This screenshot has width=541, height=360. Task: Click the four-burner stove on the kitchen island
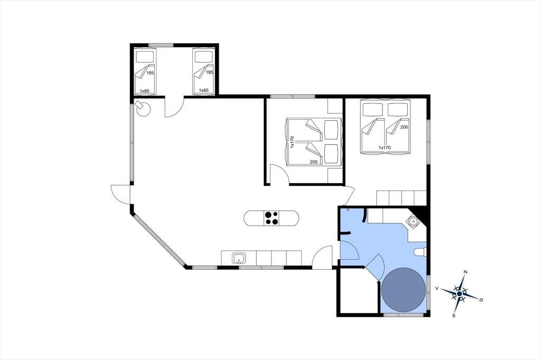pos(272,218)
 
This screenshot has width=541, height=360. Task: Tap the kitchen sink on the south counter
pos(239,258)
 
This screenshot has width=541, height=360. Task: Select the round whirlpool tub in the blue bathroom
pos(404,290)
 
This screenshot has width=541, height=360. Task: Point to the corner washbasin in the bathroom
pos(413,220)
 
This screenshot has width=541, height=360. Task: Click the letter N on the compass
pos(465,272)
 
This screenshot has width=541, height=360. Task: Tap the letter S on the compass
pos(454,315)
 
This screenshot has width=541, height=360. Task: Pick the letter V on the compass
pos(437,288)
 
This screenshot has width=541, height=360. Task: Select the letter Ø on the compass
pos(481,300)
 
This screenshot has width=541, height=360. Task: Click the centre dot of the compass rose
pos(459,293)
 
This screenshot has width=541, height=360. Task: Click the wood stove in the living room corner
pos(143,108)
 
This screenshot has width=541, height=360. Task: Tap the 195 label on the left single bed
pos(150,73)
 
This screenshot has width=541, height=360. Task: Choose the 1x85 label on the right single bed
pos(203,90)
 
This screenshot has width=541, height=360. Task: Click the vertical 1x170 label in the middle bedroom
pos(292,142)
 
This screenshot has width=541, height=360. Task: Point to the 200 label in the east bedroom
pos(404,127)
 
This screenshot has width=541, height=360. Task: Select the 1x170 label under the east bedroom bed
pos(385,148)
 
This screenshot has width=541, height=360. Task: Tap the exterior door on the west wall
pos(120,195)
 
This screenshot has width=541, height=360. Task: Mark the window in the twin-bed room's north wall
pos(161,45)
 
